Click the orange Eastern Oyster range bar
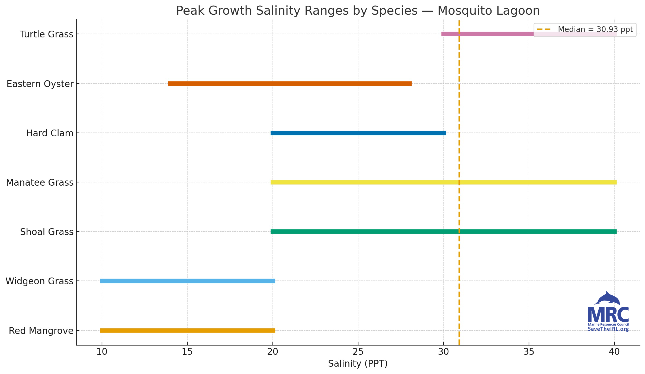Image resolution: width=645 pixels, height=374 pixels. click(290, 83)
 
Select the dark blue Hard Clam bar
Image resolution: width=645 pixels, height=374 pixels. click(358, 133)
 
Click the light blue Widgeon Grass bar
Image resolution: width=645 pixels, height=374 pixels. click(187, 281)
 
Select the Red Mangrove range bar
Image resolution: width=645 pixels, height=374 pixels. click(187, 330)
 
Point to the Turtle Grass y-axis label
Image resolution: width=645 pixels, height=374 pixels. click(47, 34)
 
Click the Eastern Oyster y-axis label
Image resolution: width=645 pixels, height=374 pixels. click(40, 84)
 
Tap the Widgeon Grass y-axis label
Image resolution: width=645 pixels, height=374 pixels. click(39, 281)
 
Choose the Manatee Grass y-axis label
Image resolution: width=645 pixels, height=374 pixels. click(40, 182)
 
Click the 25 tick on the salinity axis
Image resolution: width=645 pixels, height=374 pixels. click(358, 352)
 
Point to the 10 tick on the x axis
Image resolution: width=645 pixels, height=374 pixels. click(102, 352)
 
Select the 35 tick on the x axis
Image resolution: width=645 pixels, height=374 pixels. click(529, 352)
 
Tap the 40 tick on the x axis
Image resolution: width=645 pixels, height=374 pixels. click(614, 352)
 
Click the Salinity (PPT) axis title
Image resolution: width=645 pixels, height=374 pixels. click(358, 363)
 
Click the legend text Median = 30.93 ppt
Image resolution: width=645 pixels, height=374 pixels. click(595, 29)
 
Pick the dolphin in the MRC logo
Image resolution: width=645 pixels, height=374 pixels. click(608, 299)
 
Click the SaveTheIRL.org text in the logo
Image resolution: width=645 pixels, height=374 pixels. click(608, 329)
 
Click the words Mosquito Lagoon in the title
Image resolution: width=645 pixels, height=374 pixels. click(489, 11)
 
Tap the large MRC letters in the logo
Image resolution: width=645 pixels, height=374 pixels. click(608, 315)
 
